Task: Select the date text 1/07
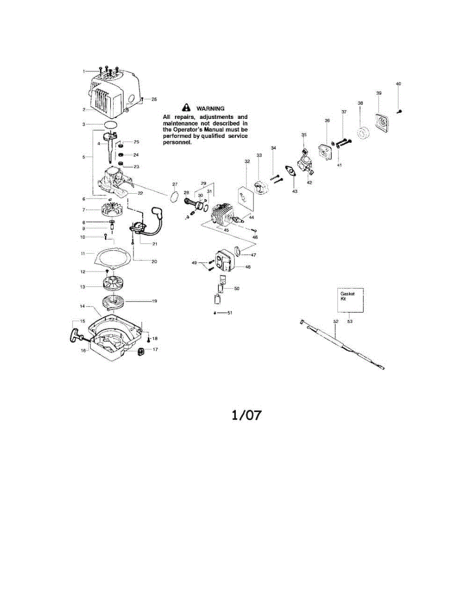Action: click(246, 415)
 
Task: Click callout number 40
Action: click(398, 84)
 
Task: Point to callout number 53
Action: click(350, 321)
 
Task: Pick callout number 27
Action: click(175, 184)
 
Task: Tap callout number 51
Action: click(229, 313)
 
